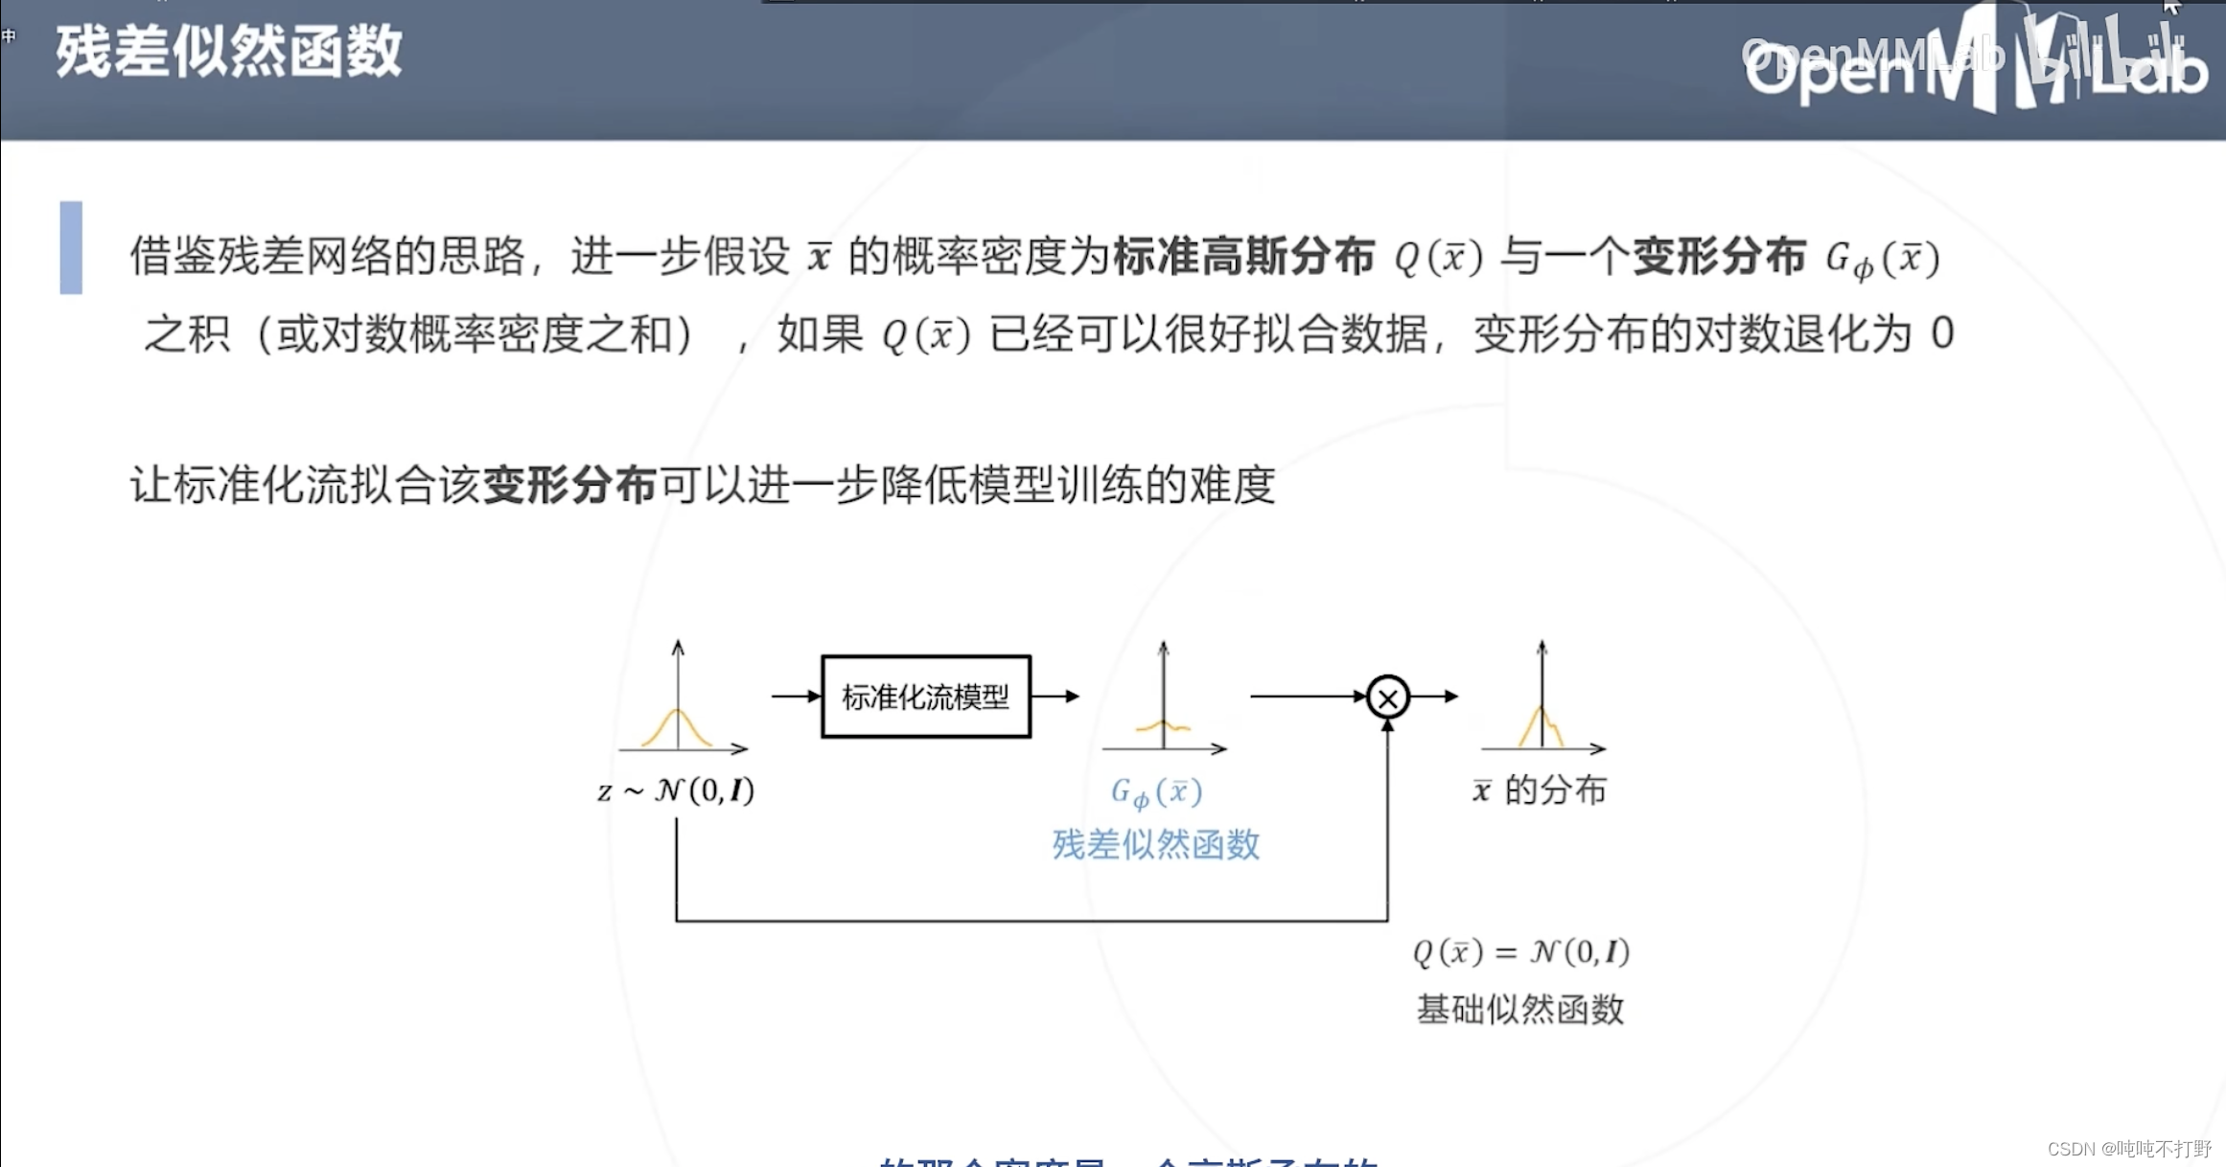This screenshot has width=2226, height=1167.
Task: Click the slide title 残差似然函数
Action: coord(228,52)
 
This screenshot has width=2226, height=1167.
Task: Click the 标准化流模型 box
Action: coord(925,697)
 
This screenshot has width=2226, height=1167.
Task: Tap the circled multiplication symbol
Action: coord(1387,698)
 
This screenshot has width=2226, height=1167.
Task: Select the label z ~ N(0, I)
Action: coord(676,790)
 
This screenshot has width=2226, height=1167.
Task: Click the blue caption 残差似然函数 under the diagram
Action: coord(1155,844)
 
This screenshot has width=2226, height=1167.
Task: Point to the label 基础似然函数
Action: coord(1519,1009)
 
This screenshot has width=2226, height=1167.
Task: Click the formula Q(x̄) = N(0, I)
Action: coord(1521,951)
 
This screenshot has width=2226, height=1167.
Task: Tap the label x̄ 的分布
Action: coord(1539,790)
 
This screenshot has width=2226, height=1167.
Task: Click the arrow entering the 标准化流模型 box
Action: coord(796,697)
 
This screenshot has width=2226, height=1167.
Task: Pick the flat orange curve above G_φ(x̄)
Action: coord(1163,727)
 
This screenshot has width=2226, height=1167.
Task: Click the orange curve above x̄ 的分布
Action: coord(1541,725)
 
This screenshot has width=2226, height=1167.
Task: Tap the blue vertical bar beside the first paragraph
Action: coord(71,247)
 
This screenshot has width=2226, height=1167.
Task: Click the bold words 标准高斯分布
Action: coord(1243,257)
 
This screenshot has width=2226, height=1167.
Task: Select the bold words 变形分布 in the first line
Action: coord(1719,257)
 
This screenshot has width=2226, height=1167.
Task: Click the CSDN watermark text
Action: coord(2128,1148)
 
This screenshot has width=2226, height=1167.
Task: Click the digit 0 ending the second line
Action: coord(1942,333)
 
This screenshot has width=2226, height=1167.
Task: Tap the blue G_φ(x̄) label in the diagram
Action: coord(1156,792)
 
